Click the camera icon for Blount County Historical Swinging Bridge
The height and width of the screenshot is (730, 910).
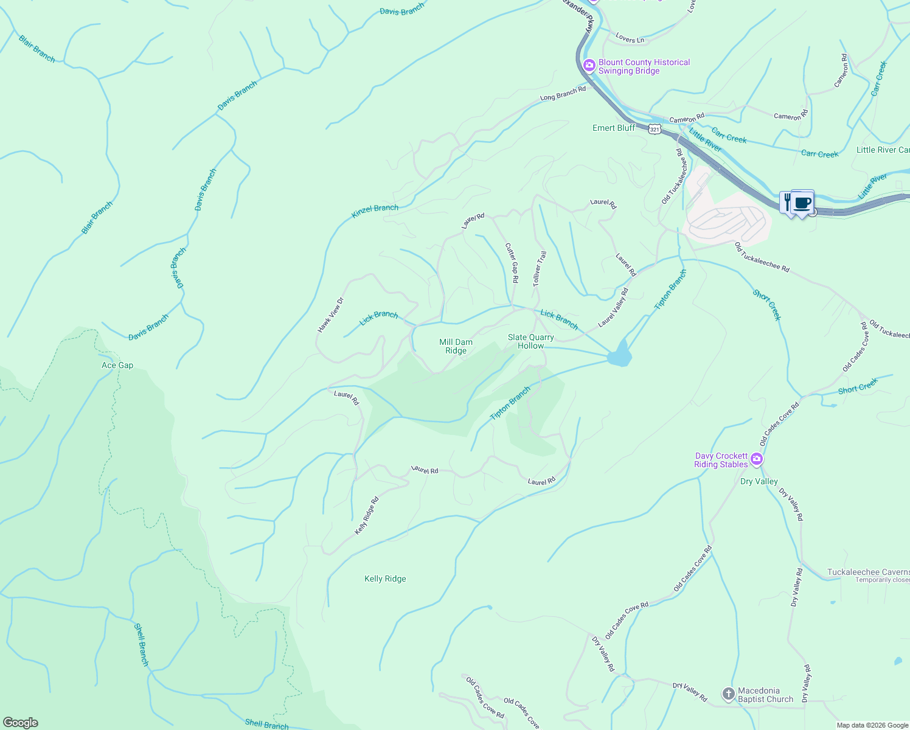pyautogui.click(x=589, y=66)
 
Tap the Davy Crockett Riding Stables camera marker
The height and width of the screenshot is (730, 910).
pyautogui.click(x=756, y=459)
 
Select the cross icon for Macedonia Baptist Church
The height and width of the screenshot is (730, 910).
pyautogui.click(x=728, y=694)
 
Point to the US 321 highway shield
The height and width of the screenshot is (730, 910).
pyautogui.click(x=655, y=129)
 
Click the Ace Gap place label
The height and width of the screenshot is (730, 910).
pyautogui.click(x=117, y=365)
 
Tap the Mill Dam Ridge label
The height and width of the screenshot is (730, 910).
pyautogui.click(x=456, y=346)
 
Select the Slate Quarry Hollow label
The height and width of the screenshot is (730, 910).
pyautogui.click(x=530, y=341)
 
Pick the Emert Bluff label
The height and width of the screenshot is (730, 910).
pyautogui.click(x=613, y=128)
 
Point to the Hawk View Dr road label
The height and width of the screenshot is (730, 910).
pyautogui.click(x=330, y=315)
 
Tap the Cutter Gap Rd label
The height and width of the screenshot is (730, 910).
pyautogui.click(x=512, y=263)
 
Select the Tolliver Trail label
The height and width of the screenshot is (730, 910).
pyautogui.click(x=540, y=268)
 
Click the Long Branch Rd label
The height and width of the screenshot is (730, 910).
pyautogui.click(x=563, y=94)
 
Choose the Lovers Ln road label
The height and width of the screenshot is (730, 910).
pyautogui.click(x=629, y=38)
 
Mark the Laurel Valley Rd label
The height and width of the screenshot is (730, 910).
pyautogui.click(x=613, y=307)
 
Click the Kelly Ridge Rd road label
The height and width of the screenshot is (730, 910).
pyautogui.click(x=367, y=516)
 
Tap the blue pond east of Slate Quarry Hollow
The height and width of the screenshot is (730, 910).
pyautogui.click(x=619, y=355)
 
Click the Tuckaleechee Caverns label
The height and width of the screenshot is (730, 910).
pyautogui.click(x=868, y=572)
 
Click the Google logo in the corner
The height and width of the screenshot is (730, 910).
pyautogui.click(x=21, y=722)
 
